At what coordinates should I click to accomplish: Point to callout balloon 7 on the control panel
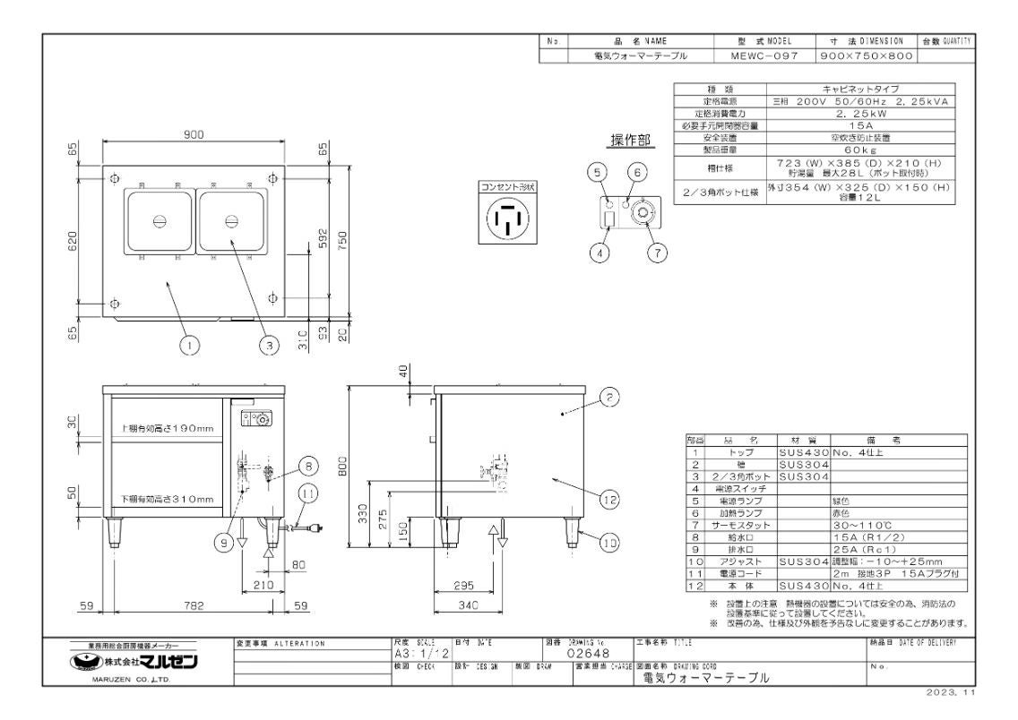[657, 252]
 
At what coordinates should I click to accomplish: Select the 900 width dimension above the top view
[194, 134]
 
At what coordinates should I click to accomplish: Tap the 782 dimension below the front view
[194, 605]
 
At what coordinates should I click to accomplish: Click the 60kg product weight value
[859, 151]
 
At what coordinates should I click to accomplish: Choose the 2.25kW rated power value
[859, 114]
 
